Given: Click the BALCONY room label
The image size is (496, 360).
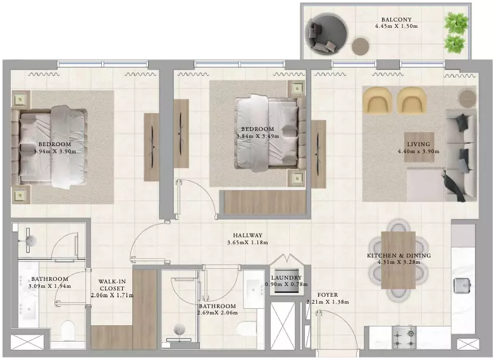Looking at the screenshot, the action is [x=396, y=20].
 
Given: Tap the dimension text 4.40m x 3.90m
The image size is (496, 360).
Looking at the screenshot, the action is [x=419, y=152].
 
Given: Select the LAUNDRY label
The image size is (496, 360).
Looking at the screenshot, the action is [x=286, y=278].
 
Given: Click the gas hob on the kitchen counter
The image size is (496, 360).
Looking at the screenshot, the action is [x=404, y=338].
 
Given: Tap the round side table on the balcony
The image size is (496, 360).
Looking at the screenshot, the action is [x=361, y=46].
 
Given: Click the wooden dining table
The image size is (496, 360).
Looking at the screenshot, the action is [x=399, y=260].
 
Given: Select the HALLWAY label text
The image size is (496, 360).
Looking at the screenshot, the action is [x=248, y=235].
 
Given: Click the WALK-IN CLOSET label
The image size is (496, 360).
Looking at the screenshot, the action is [x=112, y=285].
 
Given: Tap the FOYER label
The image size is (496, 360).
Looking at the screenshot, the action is [x=328, y=295].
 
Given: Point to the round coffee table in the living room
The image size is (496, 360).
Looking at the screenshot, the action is [x=468, y=97].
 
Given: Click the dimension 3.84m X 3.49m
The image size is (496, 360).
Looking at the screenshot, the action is [x=258, y=137].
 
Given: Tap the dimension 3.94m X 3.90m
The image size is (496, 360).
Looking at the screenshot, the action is [x=54, y=152].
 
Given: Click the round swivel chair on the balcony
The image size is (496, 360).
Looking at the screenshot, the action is [x=326, y=34].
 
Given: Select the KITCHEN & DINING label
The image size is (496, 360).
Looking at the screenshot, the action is [x=399, y=256].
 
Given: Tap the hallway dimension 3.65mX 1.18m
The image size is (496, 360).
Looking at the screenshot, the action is [x=248, y=243].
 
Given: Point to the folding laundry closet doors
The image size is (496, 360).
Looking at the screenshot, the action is [x=286, y=259].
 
